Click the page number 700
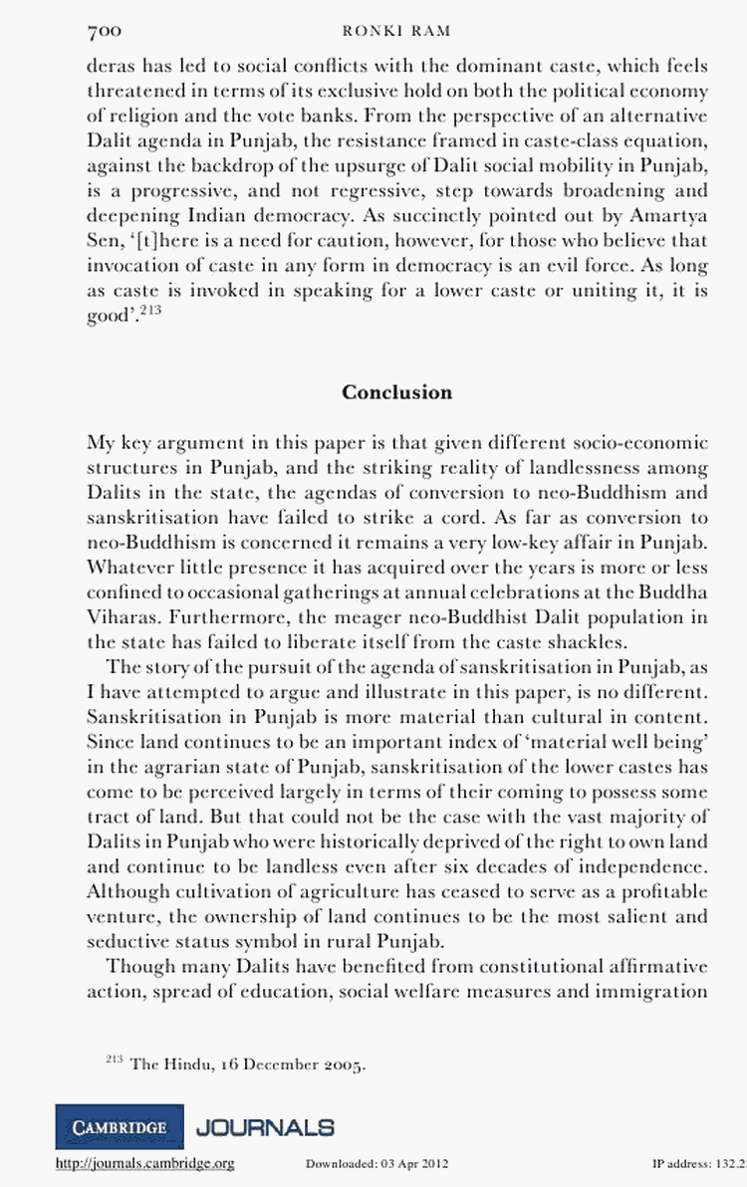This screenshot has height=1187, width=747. click(105, 32)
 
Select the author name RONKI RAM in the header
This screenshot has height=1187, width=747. click(396, 32)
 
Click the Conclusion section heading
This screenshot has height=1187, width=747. click(396, 392)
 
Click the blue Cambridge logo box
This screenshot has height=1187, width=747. click(120, 1127)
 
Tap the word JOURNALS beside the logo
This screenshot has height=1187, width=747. click(265, 1127)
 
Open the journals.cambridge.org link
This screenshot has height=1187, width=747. click(146, 1163)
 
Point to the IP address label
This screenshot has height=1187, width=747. click(687, 1163)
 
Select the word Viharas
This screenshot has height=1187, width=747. click(122, 617)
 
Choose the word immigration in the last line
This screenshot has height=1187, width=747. click(660, 992)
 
